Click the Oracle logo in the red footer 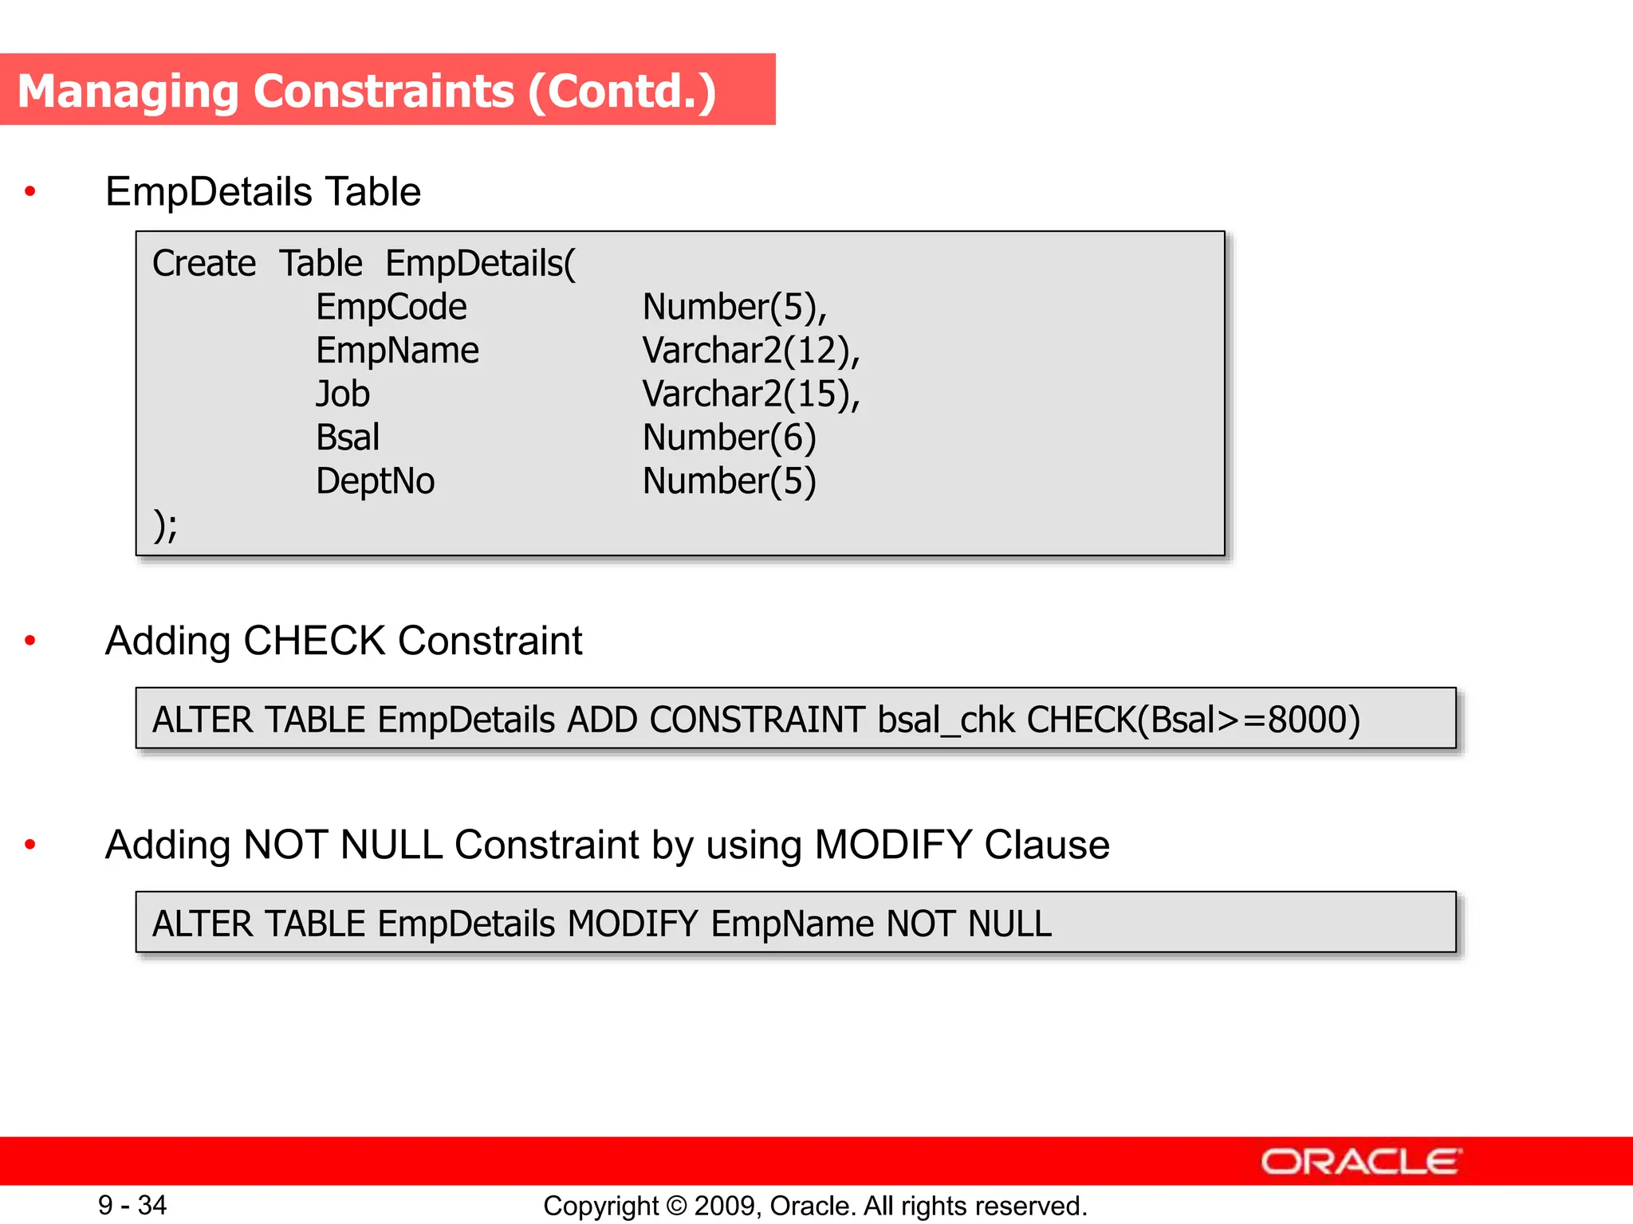coord(1360,1162)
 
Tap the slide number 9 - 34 coord(132,1205)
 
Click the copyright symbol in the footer coord(676,1206)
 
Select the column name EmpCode coord(391,308)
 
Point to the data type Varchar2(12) coord(751,351)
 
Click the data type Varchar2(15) coord(751,394)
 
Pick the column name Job coord(343,394)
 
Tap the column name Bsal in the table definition coord(348,437)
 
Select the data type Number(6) coord(729,437)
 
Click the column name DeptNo coord(375,481)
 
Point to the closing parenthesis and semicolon coord(165,525)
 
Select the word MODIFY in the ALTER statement coord(633,924)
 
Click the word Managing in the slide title coord(128,91)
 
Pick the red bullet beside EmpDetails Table coord(30,191)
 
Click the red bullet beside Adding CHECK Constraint coord(30,641)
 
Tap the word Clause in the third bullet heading coord(1046,845)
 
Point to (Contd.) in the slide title coord(622,91)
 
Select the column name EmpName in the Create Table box coord(397,351)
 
